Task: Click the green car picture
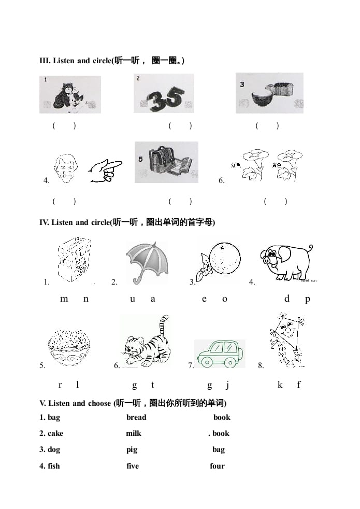219,354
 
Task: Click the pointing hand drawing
105,171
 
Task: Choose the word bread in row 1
136,417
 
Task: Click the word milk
134,433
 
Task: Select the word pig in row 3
132,449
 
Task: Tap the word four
217,466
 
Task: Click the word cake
55,433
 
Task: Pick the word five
133,466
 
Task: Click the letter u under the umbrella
132,299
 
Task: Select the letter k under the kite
280,385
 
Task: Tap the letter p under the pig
307,299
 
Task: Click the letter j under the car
227,385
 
